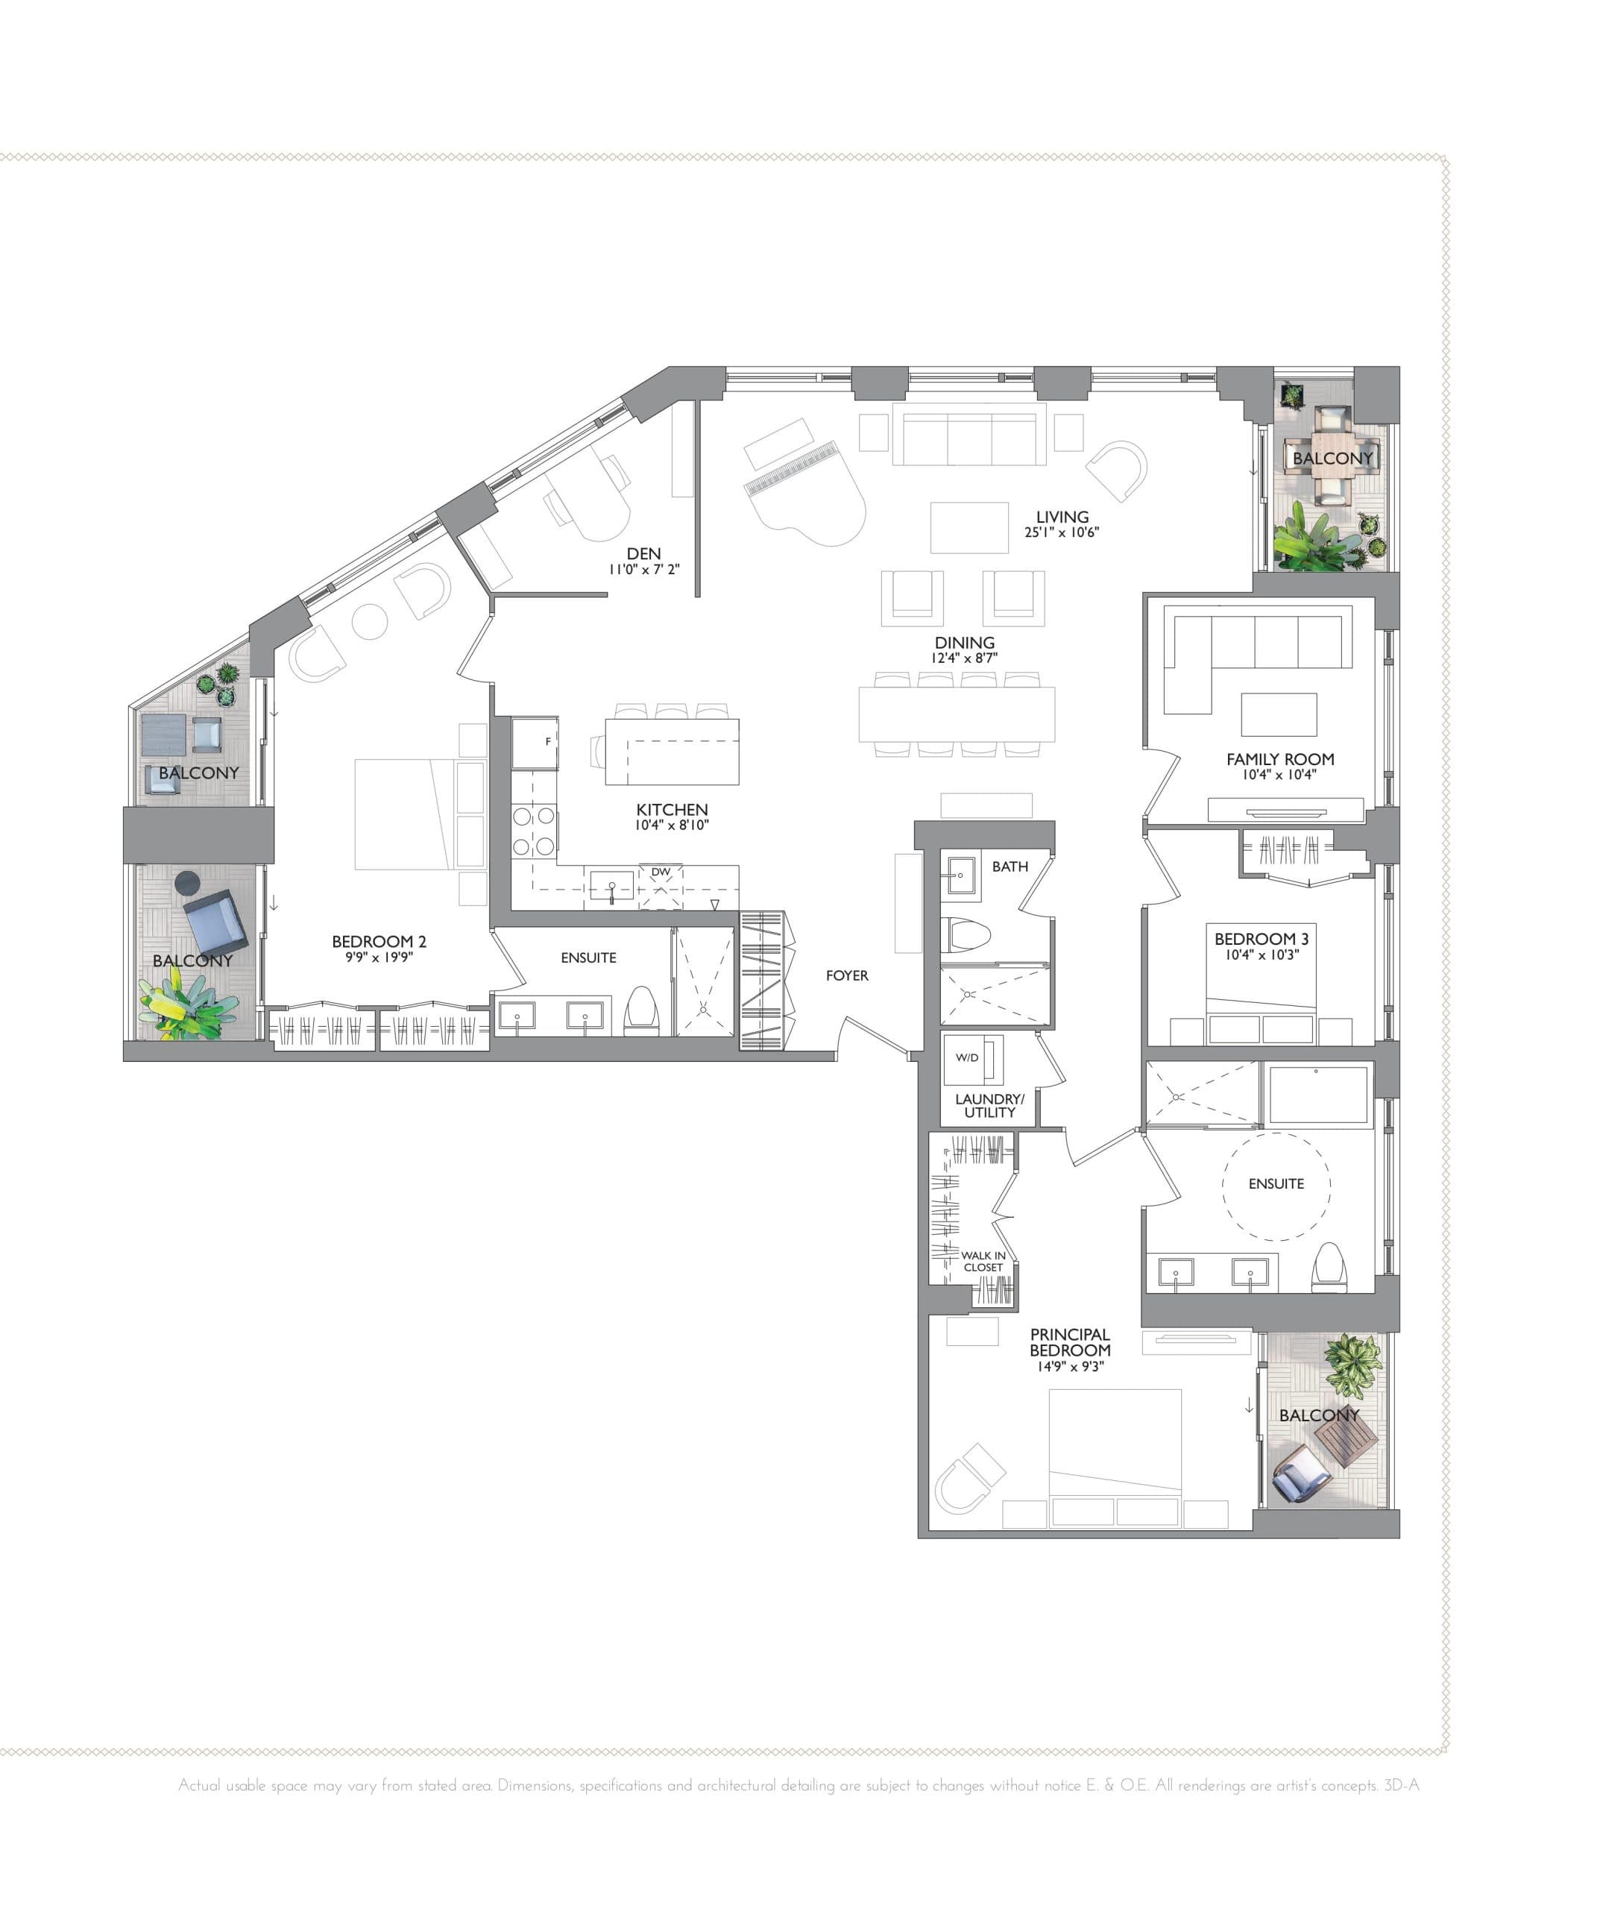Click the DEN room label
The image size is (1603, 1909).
coord(643,553)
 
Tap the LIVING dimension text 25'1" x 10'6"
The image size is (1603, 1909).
coord(1062,532)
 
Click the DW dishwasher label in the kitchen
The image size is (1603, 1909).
coord(661,872)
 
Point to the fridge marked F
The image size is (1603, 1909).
coord(535,743)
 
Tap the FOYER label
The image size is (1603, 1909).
coord(847,975)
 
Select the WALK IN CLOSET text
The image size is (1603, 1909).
coord(983,1262)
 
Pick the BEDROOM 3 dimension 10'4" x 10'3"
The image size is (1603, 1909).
coord(1262,954)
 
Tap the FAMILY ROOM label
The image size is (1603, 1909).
coord(1279,759)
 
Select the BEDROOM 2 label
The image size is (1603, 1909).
coord(379,942)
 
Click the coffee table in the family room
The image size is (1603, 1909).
coord(1279,714)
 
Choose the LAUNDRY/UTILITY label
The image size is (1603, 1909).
coord(989,1105)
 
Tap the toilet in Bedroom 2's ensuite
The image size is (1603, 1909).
coord(641,1011)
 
